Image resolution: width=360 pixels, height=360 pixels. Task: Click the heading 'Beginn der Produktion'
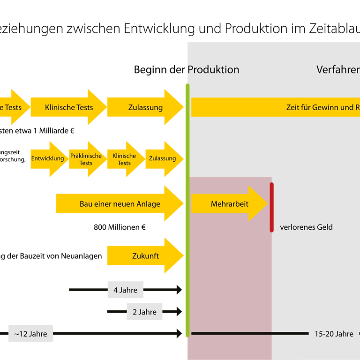tap(187, 70)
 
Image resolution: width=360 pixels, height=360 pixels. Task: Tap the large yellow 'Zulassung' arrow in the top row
tap(145, 107)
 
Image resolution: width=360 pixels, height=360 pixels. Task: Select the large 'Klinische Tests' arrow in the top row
tap(69, 107)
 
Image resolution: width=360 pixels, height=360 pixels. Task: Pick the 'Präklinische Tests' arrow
tap(87, 159)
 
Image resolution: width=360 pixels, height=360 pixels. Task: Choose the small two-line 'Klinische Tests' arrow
tap(125, 159)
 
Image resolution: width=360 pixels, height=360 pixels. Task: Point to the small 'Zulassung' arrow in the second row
tap(163, 158)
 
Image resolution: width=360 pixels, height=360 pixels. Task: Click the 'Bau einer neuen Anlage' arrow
tap(120, 204)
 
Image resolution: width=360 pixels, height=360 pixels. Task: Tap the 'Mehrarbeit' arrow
tap(229, 204)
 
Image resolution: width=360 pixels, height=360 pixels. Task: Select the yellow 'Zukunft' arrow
tap(145, 256)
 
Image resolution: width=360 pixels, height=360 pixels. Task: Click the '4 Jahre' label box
tap(126, 290)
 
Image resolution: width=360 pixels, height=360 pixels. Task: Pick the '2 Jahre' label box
tap(144, 312)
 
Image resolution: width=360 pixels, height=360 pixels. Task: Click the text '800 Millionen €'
tap(120, 227)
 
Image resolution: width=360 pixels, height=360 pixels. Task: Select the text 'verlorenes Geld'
tap(306, 227)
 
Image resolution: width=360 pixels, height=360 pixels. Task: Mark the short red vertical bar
tap(271, 207)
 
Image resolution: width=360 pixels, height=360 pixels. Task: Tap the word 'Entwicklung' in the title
tap(158, 29)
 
